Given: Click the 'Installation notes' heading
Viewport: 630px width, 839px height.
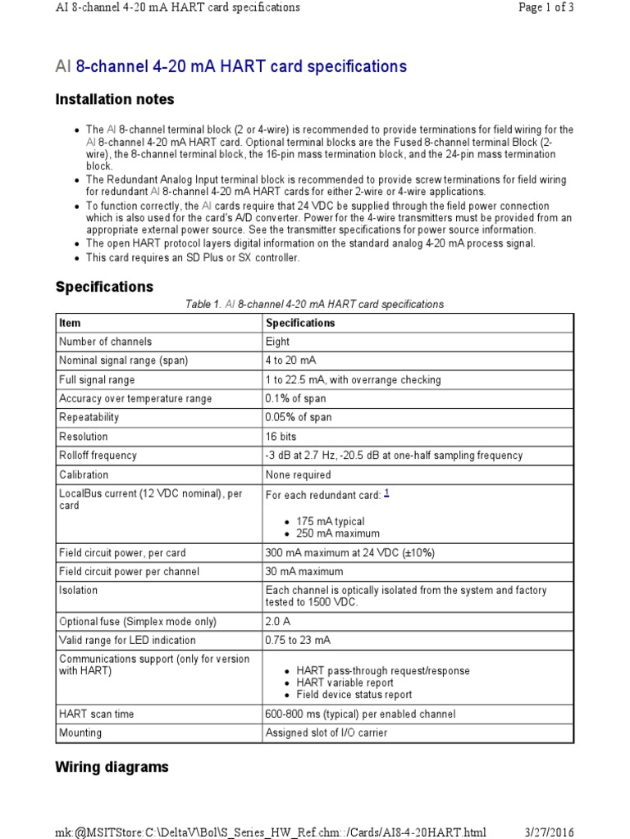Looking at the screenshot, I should [114, 99].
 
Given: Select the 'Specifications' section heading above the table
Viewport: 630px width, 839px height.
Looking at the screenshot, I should [104, 287].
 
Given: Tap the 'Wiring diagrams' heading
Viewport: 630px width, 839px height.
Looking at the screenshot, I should [112, 767].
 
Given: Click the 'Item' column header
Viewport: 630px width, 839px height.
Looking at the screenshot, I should [70, 323].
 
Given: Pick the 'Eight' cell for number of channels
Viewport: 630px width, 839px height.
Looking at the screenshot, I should [278, 342].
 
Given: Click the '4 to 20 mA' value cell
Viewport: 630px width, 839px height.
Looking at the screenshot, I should [291, 361].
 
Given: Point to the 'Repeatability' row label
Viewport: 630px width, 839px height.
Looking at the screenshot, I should [89, 417].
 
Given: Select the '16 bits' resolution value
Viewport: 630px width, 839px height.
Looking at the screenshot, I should [285, 437].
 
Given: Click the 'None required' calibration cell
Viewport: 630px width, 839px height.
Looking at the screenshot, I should [299, 474].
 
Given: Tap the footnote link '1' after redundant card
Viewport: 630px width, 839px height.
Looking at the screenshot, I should [387, 493].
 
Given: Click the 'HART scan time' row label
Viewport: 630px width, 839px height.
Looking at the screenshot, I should [96, 714].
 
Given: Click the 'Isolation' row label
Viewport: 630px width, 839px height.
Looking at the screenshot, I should [78, 590].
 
